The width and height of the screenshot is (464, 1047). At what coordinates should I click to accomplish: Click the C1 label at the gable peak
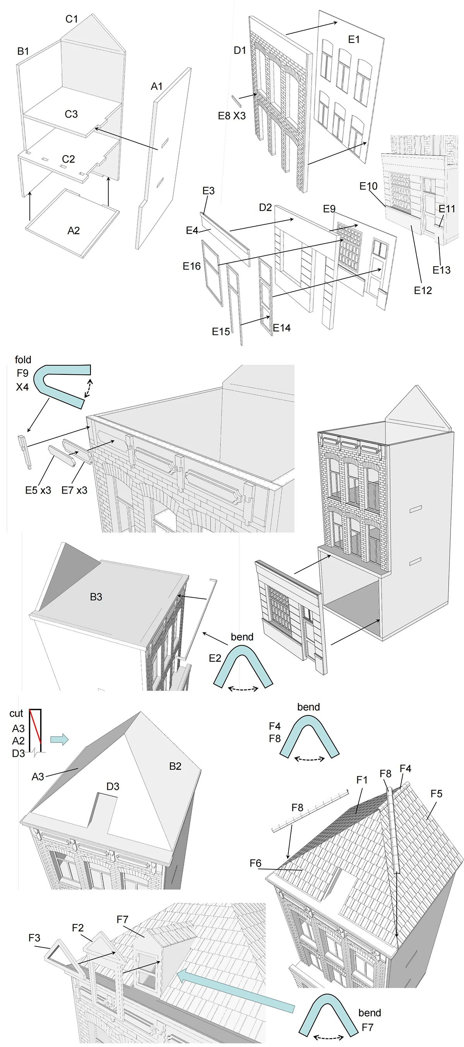72,19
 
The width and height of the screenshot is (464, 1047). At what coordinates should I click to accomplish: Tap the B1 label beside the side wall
23,51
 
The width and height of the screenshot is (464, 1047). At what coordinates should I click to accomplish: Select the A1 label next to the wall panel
157,86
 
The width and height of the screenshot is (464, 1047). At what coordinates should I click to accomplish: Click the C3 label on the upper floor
71,114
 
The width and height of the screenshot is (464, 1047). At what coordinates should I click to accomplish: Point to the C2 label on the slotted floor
68,159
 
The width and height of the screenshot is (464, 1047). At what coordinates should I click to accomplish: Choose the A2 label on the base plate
73,231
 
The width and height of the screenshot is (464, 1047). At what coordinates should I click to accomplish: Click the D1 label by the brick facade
240,50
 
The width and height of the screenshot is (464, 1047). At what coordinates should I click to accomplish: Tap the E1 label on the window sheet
354,39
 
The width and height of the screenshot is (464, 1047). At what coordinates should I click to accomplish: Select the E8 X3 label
232,116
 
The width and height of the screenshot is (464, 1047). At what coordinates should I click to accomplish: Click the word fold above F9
23,360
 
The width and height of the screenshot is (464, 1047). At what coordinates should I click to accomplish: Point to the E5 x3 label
38,490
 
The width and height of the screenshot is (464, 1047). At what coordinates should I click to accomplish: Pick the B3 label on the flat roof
96,597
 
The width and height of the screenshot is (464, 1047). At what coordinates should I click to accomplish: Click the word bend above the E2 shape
242,637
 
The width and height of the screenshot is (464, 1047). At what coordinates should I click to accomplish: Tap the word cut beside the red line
16,713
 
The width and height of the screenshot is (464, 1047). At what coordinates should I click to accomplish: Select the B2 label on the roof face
175,766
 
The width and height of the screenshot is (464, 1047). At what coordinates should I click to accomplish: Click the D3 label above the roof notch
113,786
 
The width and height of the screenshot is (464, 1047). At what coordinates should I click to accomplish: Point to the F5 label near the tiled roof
437,793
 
